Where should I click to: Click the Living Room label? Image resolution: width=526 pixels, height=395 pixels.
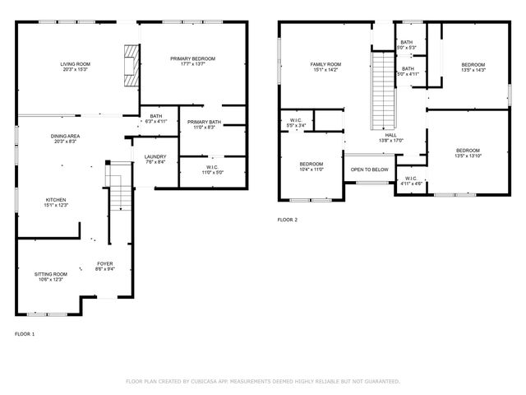pyautogui.click(x=76, y=63)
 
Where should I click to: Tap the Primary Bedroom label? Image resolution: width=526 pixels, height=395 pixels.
pyautogui.click(x=192, y=59)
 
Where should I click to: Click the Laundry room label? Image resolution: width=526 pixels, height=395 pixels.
pyautogui.click(x=155, y=157)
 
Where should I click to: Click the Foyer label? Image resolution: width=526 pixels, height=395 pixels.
pyautogui.click(x=105, y=263)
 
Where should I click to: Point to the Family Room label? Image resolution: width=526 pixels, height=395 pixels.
pyautogui.click(x=325, y=63)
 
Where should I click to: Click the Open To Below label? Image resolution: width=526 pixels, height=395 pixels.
pyautogui.click(x=369, y=170)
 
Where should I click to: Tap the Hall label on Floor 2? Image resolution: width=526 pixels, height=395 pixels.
pyautogui.click(x=390, y=135)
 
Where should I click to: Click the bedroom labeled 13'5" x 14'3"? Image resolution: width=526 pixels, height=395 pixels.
pyautogui.click(x=473, y=67)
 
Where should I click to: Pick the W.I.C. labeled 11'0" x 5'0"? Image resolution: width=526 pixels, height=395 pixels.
pyautogui.click(x=214, y=170)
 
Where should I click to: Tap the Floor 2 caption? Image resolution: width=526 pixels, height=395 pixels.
pyautogui.click(x=288, y=220)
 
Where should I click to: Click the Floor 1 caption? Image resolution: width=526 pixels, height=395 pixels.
pyautogui.click(x=25, y=334)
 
